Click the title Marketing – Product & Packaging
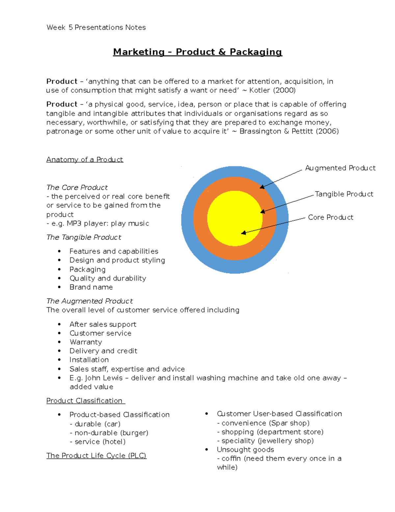click(197, 52)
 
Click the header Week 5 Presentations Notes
click(96, 27)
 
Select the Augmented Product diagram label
click(340, 168)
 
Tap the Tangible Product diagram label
click(344, 194)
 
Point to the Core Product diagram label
click(330, 218)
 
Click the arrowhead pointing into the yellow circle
click(243, 233)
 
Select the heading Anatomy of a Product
click(85, 160)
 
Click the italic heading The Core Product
click(77, 188)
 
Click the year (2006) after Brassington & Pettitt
click(327, 131)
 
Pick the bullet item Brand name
click(91, 287)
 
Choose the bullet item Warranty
click(86, 342)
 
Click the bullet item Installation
click(89, 360)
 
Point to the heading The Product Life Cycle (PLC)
click(96, 456)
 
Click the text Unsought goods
click(245, 450)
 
